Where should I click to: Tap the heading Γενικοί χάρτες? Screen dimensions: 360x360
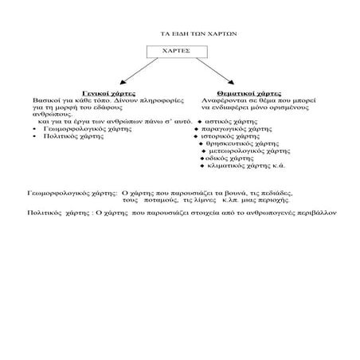tap(111, 93)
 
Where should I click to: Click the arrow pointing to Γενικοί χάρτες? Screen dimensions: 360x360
tap(132, 74)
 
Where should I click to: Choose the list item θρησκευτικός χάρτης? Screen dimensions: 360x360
tap(238, 144)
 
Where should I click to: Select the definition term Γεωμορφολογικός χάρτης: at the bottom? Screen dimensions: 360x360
tap(72, 194)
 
